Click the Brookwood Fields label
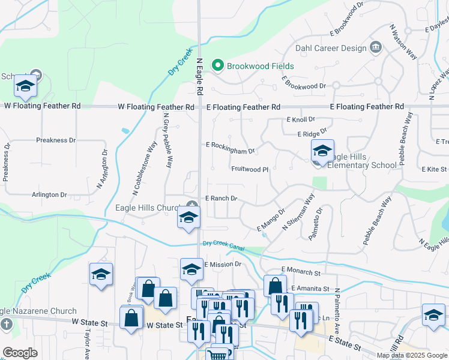260,65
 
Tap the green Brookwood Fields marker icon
218,65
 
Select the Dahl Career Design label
330,47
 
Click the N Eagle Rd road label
199,76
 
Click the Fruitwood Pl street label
250,169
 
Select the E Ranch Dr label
221,198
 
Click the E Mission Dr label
223,264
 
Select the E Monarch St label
300,272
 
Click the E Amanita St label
310,289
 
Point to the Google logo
20,353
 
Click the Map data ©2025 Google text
411,355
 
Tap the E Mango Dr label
271,220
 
